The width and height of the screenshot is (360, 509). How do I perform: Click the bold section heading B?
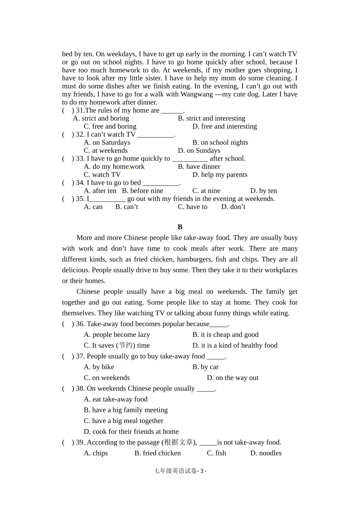tap(180, 227)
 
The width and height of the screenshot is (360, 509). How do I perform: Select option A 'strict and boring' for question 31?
tap(101, 118)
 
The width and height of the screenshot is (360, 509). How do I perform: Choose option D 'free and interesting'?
tap(224, 126)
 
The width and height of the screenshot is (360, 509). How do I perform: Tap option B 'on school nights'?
tap(220, 143)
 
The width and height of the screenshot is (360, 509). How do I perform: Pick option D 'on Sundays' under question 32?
tap(199, 151)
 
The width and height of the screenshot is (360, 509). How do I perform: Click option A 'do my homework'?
tap(114, 167)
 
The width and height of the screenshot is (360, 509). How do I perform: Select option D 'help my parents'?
tap(220, 175)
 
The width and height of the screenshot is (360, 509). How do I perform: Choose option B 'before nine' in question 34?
tap(142, 191)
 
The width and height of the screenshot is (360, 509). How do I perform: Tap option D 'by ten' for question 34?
tap(263, 191)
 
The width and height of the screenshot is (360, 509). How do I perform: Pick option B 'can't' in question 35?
tap(127, 207)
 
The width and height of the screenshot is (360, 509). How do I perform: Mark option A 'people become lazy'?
tap(117, 335)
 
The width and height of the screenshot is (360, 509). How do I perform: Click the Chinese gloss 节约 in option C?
tap(125, 346)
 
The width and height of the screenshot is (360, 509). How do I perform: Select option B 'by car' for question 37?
tap(205, 367)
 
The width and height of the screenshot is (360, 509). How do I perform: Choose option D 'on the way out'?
tap(233, 378)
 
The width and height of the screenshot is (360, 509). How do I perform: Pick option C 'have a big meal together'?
tap(124, 421)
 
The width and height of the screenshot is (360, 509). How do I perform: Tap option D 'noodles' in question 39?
tap(266, 453)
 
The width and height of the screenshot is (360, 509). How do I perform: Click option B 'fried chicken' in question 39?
tap(158, 453)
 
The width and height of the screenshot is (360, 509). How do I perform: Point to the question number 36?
tap(80, 324)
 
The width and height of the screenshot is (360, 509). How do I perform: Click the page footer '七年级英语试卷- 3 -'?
tap(180, 471)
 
